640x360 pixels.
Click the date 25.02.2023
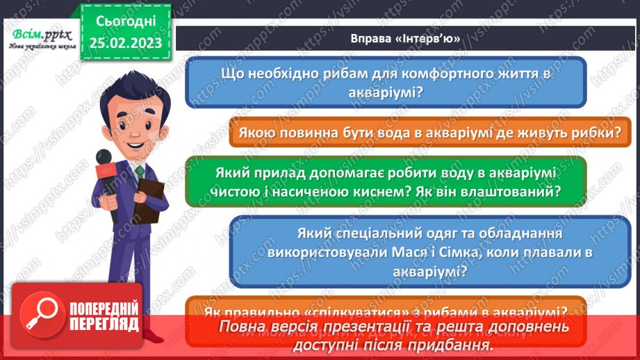click(126, 42)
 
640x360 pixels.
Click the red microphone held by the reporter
click(106, 173)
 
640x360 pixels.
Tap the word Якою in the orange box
click(259, 132)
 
